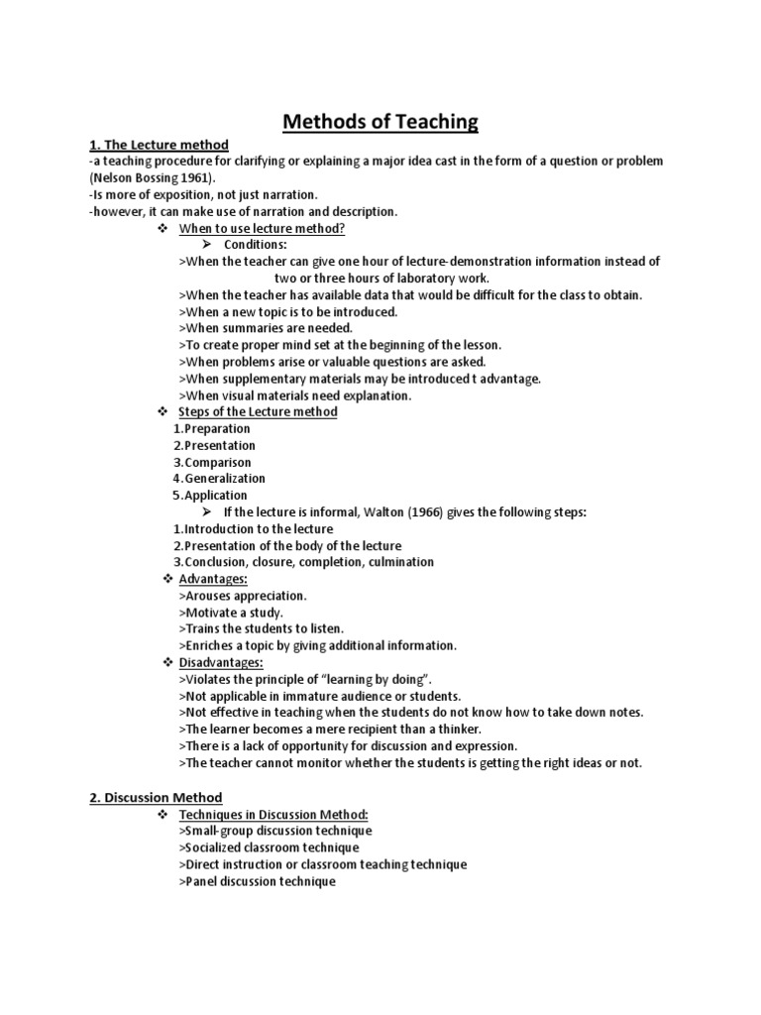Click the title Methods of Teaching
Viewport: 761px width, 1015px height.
point(380,122)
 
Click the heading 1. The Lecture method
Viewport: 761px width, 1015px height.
point(159,145)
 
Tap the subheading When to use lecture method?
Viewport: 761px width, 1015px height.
point(262,228)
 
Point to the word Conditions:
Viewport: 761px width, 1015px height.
point(256,245)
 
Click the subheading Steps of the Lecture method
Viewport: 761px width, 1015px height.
point(258,411)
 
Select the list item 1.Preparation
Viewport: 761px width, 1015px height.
point(212,428)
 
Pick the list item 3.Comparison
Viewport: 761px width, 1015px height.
point(212,462)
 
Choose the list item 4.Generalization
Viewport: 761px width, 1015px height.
point(219,479)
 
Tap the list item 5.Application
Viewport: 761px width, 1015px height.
point(210,496)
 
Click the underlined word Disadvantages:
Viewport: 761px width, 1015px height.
point(221,662)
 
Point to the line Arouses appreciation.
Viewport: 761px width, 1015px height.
point(244,596)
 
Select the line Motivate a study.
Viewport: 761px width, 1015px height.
point(231,613)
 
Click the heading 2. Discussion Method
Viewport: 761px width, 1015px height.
point(156,797)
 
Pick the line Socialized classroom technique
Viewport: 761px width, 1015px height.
point(270,847)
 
